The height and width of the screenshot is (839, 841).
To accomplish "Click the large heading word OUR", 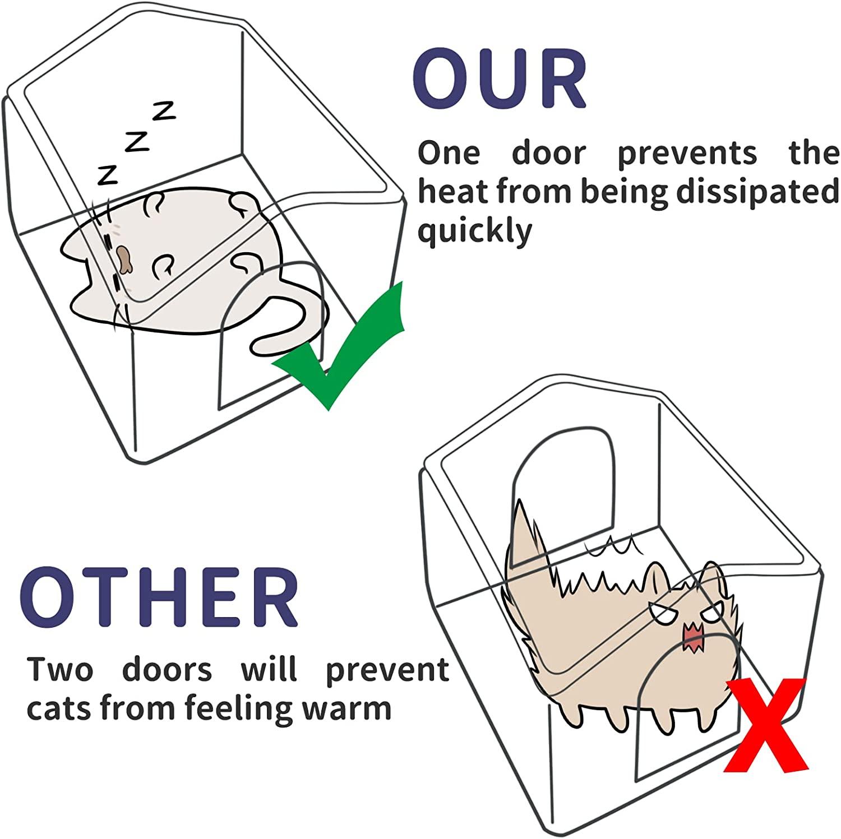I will (x=500, y=80).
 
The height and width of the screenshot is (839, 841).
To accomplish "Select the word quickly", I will (x=474, y=231).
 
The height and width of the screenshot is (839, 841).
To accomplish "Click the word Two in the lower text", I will (x=60, y=670).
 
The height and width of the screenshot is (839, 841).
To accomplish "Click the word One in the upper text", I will (x=449, y=154).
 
